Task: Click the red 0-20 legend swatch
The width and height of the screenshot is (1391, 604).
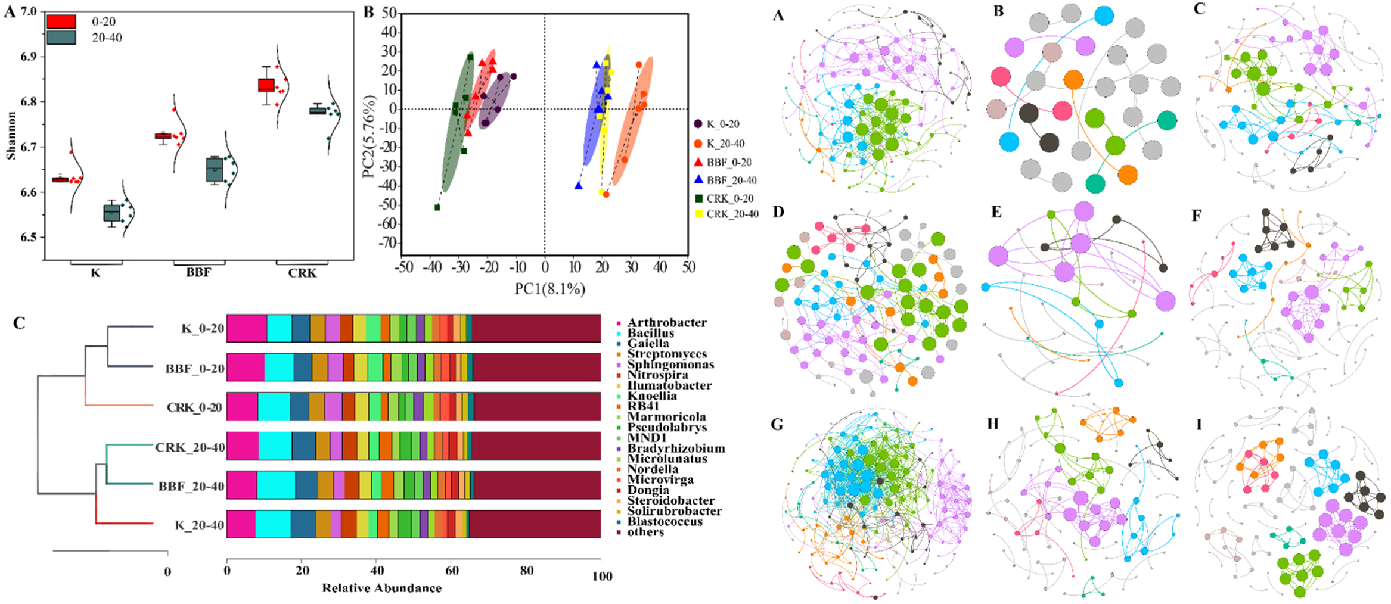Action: tap(61, 21)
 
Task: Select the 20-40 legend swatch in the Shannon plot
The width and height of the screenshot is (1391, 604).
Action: tap(61, 38)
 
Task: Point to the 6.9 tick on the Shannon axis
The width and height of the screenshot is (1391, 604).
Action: tap(28, 57)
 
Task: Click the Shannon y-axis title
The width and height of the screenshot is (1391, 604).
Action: tap(11, 136)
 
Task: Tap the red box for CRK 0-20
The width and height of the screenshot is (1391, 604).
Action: tap(266, 85)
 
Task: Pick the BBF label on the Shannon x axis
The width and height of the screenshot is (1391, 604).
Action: tap(198, 273)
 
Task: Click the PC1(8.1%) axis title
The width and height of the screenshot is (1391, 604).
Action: tap(549, 289)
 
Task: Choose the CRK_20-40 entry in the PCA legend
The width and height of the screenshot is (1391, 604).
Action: tap(732, 214)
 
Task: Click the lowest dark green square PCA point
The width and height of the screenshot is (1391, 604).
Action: tap(437, 207)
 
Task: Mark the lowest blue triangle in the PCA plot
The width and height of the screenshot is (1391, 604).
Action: tap(578, 186)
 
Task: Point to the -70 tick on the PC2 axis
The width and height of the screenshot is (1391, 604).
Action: tap(389, 243)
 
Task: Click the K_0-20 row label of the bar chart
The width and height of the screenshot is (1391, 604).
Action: tap(203, 329)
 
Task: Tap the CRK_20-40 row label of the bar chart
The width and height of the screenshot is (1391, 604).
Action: tap(190, 447)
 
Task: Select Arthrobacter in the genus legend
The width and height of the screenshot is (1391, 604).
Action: tap(666, 323)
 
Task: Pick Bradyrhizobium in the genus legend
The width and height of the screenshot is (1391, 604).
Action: tap(676, 449)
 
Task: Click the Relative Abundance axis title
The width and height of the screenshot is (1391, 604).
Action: tap(382, 588)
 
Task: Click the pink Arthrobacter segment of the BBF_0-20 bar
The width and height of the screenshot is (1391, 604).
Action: tap(246, 368)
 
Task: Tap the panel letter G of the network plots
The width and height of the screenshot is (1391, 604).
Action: tap(777, 424)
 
